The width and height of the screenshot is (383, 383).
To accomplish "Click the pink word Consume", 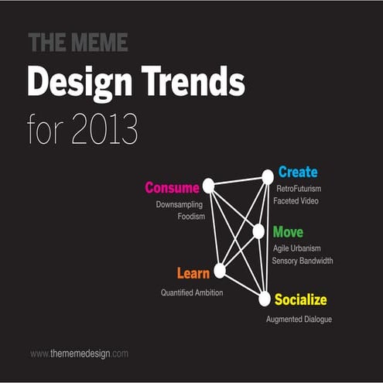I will click(172, 187).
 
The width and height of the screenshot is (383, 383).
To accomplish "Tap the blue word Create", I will click(298, 172).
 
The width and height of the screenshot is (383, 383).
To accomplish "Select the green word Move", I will click(288, 232).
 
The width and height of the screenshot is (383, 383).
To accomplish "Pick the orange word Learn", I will click(193, 273).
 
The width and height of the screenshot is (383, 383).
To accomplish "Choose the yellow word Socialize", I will click(301, 299).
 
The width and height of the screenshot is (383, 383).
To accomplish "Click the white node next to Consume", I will click(208, 186).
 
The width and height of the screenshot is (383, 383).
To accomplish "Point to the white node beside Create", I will click(268, 177).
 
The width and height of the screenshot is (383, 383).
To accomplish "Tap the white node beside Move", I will click(258, 231).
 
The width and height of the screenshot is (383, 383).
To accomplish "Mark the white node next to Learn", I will click(220, 270).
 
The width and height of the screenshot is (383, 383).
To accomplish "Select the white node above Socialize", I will click(265, 297).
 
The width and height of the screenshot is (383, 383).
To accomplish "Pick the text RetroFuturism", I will click(299, 188).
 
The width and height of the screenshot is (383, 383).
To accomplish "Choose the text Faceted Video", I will click(297, 201).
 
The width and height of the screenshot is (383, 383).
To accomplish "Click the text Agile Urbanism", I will click(297, 248).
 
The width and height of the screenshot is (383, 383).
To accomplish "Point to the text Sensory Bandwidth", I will click(303, 261).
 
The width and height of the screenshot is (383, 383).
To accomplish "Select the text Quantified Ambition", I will click(192, 292).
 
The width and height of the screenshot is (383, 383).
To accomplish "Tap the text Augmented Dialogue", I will click(299, 319).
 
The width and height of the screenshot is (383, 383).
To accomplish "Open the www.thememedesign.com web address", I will click(79, 353).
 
